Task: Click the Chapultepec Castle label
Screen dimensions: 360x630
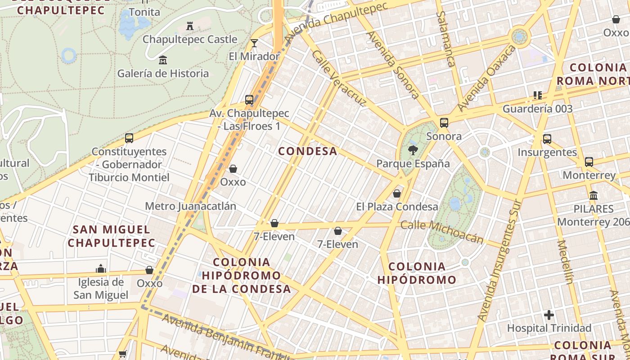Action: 189,39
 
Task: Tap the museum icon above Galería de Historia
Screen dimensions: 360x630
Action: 163,60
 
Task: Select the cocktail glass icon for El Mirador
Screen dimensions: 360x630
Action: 254,43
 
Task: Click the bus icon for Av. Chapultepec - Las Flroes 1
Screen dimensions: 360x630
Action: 249,100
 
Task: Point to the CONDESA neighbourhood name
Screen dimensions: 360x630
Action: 308,151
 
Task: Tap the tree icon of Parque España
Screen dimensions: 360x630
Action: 413,150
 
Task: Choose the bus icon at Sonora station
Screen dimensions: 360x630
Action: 444,123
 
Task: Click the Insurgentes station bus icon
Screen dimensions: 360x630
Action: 547,139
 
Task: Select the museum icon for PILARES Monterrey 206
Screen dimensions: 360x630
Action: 593,196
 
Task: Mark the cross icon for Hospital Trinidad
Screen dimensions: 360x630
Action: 549,315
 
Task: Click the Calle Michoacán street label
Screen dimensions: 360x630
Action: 442,232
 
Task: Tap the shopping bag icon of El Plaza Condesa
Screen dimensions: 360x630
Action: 397,193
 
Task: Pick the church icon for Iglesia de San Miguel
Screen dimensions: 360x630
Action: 101,269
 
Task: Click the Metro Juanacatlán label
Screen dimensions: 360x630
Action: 190,206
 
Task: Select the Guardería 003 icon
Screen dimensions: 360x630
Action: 537,95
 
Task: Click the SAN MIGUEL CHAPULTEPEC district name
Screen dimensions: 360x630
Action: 112,236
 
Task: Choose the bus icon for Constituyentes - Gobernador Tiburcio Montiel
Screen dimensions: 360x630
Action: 129,138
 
